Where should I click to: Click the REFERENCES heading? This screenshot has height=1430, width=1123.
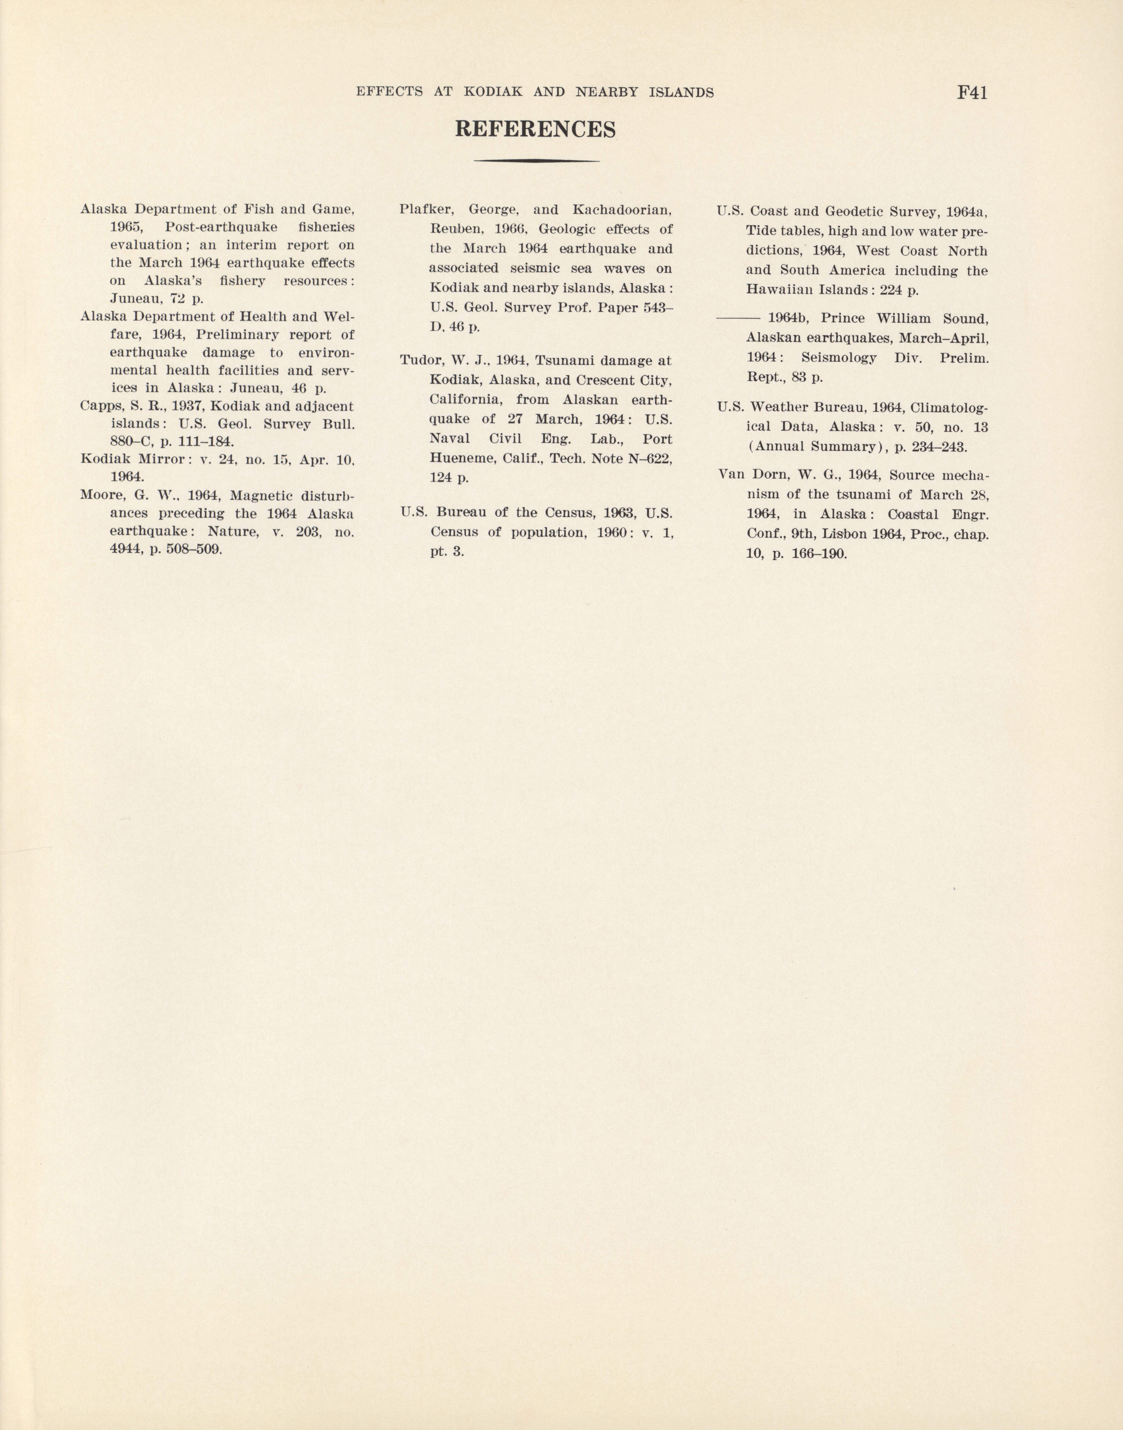535,129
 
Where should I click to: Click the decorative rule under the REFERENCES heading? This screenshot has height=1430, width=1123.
536,161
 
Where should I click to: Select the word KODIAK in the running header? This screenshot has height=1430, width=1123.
493,93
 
